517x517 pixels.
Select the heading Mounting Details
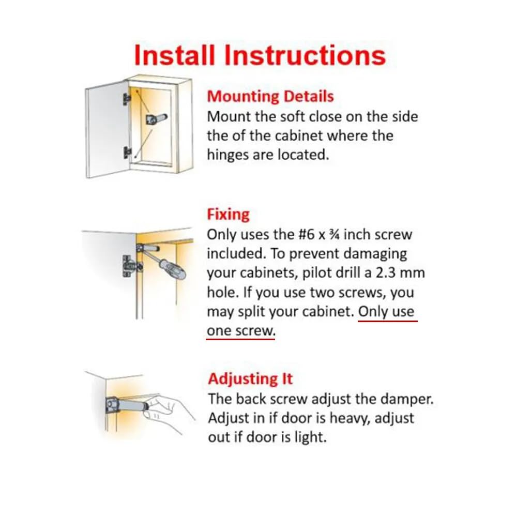coord(270,97)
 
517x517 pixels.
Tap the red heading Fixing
coord(228,215)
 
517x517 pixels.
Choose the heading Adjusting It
coord(250,379)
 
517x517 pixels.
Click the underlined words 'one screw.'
coord(241,331)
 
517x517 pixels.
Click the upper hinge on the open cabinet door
coord(126,99)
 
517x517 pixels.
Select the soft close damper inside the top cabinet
coord(155,118)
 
